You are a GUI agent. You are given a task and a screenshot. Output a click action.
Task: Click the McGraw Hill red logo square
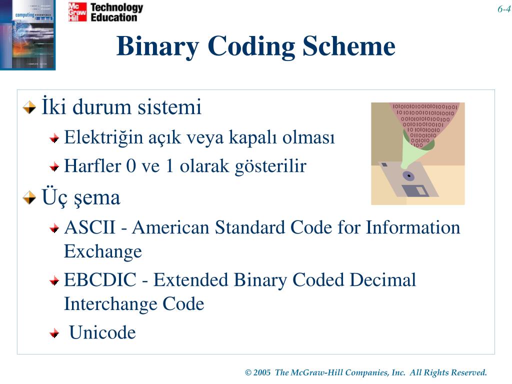[77, 12]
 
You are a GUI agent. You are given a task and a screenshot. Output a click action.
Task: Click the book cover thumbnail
[27, 34]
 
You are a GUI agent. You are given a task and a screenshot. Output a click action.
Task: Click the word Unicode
[102, 332]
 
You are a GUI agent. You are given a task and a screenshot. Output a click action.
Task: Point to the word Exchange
[103, 251]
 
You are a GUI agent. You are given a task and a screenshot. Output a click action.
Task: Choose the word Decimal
[382, 280]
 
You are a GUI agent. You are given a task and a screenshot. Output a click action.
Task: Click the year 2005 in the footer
[262, 372]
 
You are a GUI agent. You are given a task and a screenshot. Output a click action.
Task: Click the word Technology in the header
[116, 7]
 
